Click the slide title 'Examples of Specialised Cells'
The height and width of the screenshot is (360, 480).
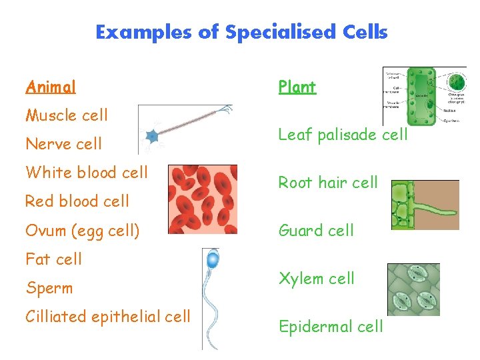coord(241,32)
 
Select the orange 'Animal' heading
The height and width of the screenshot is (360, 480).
coord(51,87)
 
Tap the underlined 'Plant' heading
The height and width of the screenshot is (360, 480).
coord(297,87)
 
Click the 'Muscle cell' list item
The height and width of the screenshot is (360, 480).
coord(67,115)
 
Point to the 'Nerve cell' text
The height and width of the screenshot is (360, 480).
coord(64,144)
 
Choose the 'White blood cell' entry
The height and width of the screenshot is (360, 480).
coord(87,173)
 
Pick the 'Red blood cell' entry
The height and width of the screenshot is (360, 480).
coord(77,201)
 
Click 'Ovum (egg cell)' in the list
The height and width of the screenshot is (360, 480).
coord(83,231)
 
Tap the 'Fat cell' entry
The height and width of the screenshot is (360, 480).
coord(53,259)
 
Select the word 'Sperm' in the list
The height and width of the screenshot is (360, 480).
coord(49,288)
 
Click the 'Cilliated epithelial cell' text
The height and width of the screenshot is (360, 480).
coord(108,317)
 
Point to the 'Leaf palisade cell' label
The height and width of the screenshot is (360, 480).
coord(343,135)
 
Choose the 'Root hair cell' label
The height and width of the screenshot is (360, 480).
coord(328,183)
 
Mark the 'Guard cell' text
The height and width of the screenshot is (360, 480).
coord(316,231)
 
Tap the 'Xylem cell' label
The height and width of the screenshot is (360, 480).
coord(317,279)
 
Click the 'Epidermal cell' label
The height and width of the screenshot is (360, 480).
coord(331,327)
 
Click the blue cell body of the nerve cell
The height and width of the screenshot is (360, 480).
coord(152,136)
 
